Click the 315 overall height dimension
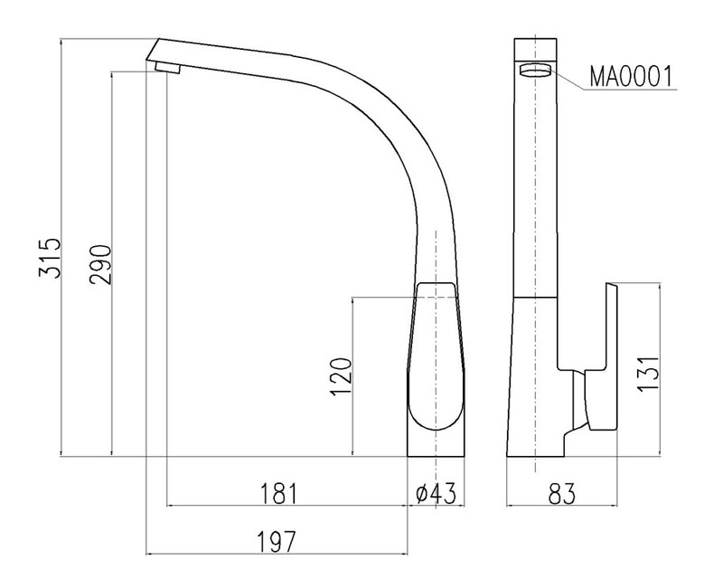[50, 258]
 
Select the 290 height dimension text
[101, 264]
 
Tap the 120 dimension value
[342, 376]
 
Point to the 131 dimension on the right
[648, 374]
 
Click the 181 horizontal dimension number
[280, 493]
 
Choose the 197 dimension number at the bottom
[276, 542]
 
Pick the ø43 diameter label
[437, 493]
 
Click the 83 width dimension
[562, 494]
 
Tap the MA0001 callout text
[631, 77]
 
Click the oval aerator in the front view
[535, 71]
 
